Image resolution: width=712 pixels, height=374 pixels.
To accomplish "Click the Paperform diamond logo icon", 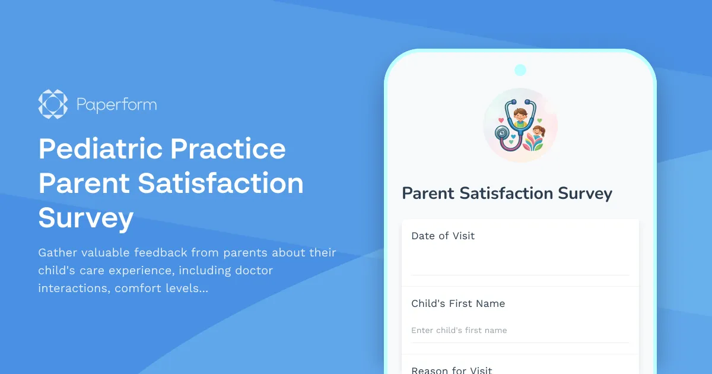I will pos(53,104).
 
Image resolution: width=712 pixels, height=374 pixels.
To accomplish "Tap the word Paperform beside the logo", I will pos(116,105).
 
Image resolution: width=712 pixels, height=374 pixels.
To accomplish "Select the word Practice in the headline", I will pos(228,148).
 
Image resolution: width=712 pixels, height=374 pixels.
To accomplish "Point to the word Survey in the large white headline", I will pos(86,218).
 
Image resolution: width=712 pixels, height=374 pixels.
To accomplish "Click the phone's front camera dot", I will pos(520,70).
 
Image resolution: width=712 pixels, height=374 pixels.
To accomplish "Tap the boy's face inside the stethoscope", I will pos(520,116).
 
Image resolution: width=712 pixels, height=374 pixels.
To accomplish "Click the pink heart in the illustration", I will pos(501,120).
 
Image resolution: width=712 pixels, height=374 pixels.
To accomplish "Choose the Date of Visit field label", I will pos(443,236).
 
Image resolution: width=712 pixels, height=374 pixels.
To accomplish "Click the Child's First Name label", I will pos(458,303).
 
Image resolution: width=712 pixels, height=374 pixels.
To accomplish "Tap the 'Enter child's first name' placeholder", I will pos(459,330).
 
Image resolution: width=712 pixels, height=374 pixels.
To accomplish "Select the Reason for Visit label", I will pos(452,370).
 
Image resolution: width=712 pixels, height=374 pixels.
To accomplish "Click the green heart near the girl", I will pos(539,120).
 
